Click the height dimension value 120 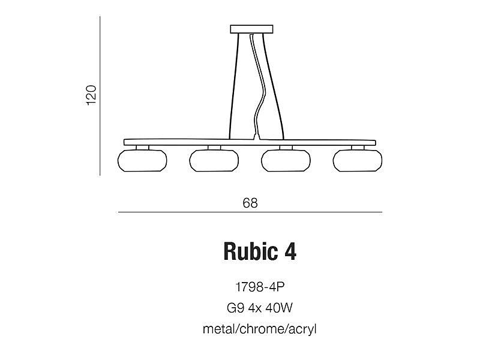(x=91, y=95)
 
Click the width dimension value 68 (x=250, y=203)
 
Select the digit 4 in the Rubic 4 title (x=290, y=251)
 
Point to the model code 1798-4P (x=260, y=287)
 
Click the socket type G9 (x=235, y=308)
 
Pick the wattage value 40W (x=279, y=308)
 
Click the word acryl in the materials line (x=303, y=330)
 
